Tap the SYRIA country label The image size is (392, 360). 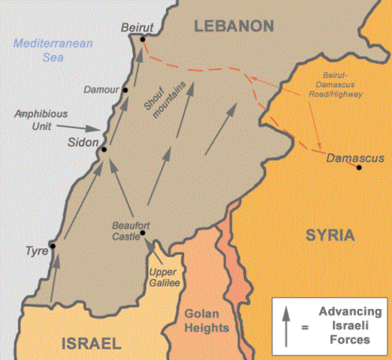click(x=329, y=235)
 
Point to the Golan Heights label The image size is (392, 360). click(x=204, y=321)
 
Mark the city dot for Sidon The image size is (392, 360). click(x=104, y=149)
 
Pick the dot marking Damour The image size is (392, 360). click(x=126, y=90)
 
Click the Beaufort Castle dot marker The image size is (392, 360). click(x=142, y=232)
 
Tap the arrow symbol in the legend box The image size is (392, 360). click(x=286, y=325)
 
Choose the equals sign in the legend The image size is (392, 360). click(x=304, y=326)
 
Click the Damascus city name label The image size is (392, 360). click(x=355, y=157)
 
